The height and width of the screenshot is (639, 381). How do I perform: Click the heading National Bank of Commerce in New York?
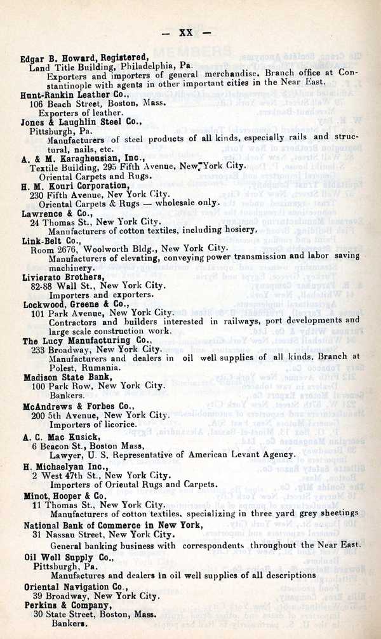click(x=113, y=525)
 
